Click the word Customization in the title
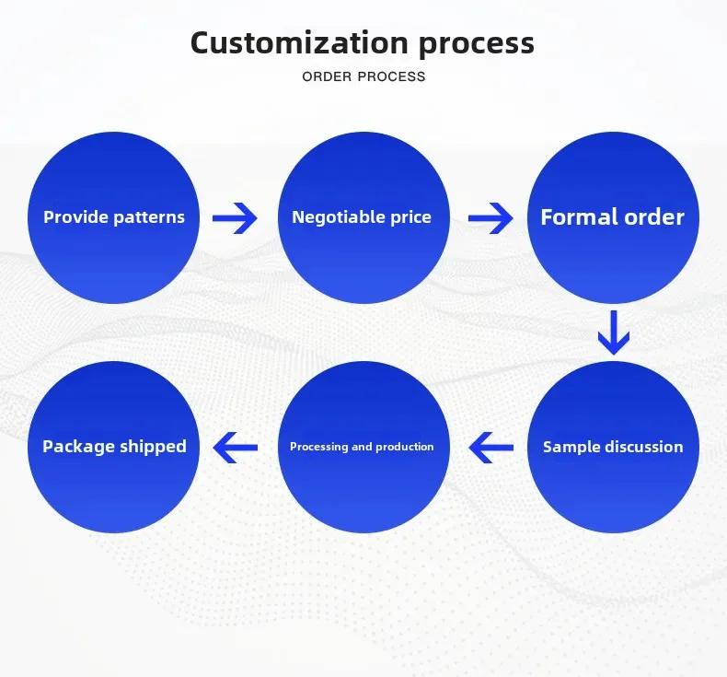click(299, 42)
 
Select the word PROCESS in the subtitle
click(392, 76)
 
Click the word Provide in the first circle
click(75, 217)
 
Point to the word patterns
click(149, 217)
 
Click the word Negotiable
click(339, 217)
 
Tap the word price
click(410, 218)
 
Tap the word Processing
click(319, 447)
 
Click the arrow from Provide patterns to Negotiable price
click(235, 217)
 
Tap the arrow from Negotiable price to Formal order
click(490, 217)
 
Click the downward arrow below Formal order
click(614, 333)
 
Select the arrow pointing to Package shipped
click(235, 448)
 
